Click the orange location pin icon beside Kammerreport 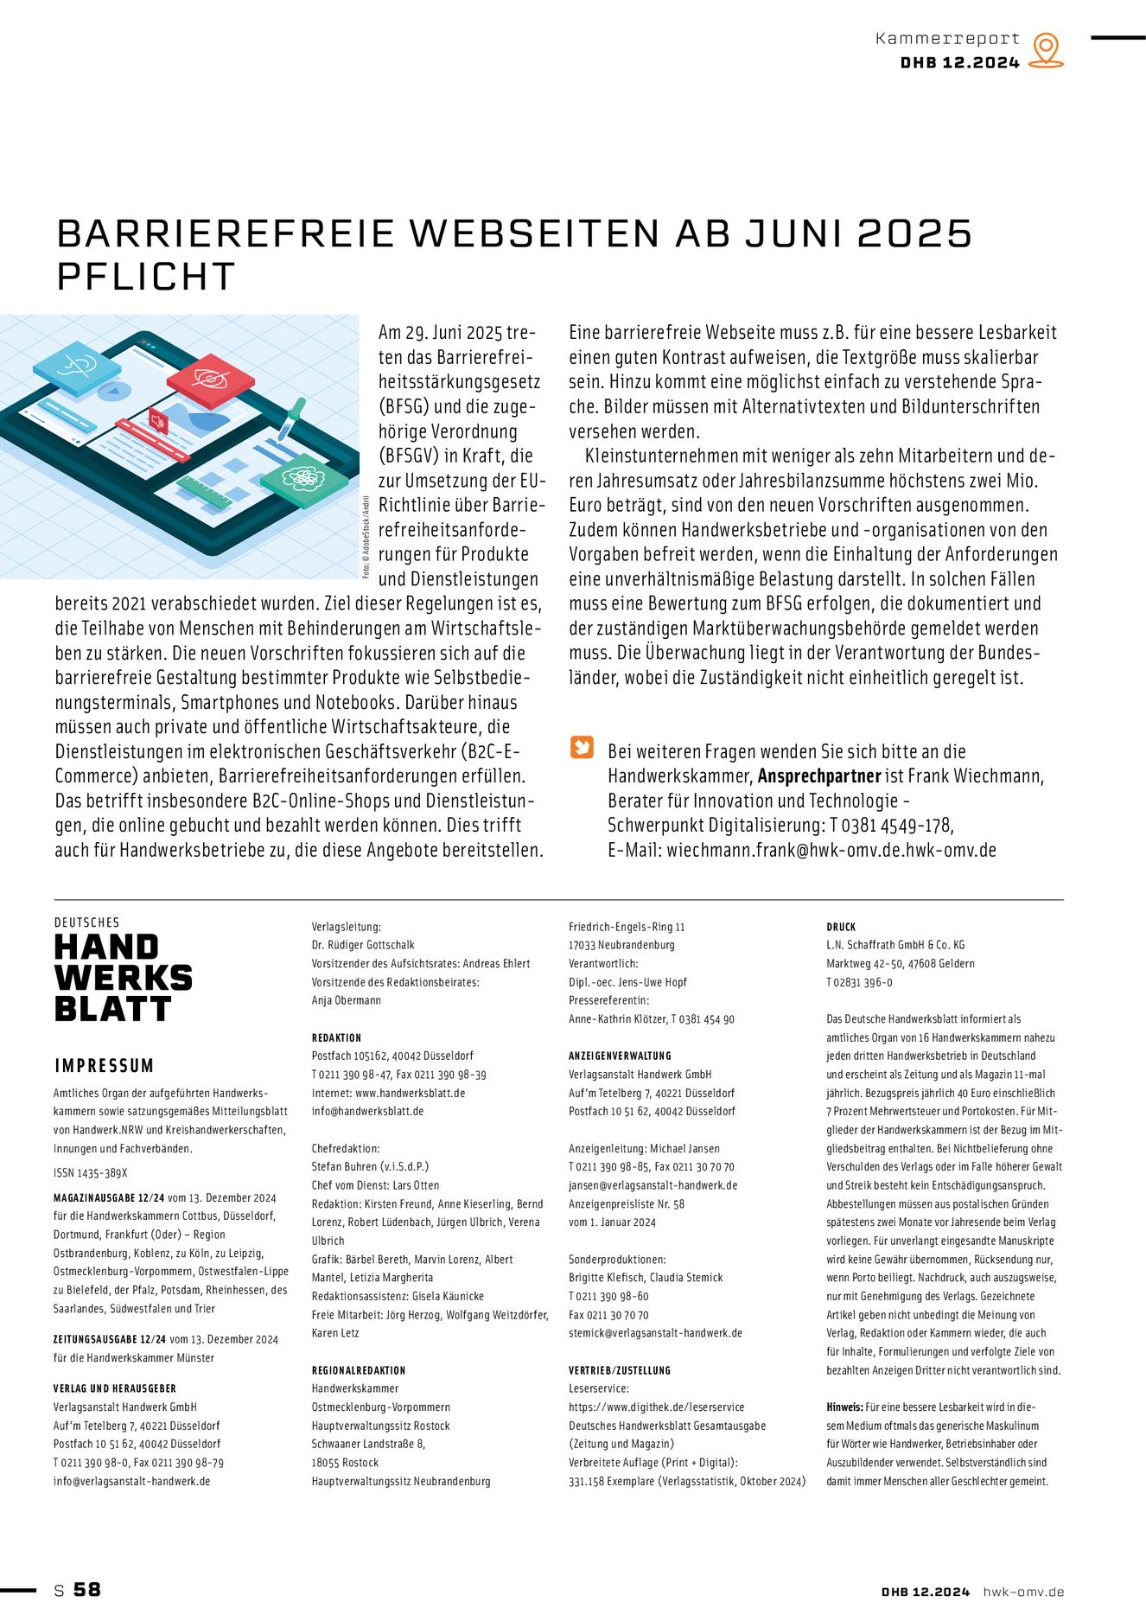click(x=1046, y=50)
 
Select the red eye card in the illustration click(x=211, y=378)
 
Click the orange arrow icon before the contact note click(x=582, y=747)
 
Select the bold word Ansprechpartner click(x=818, y=776)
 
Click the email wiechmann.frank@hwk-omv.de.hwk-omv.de click(x=831, y=850)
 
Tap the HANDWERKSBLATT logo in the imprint click(x=123, y=978)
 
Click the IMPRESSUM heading click(x=104, y=1066)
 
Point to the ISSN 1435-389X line click(x=91, y=1173)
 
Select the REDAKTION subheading click(x=336, y=1037)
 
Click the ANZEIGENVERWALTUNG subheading click(x=620, y=1056)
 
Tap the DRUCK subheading click(x=840, y=927)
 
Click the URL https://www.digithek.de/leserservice click(x=656, y=1407)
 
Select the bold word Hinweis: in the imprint click(x=844, y=1407)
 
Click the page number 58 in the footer click(x=87, y=1589)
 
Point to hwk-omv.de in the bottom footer click(x=1023, y=1592)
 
